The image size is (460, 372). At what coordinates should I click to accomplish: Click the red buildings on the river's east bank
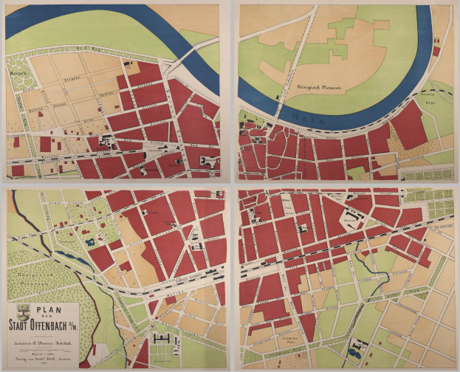point(436,52)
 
